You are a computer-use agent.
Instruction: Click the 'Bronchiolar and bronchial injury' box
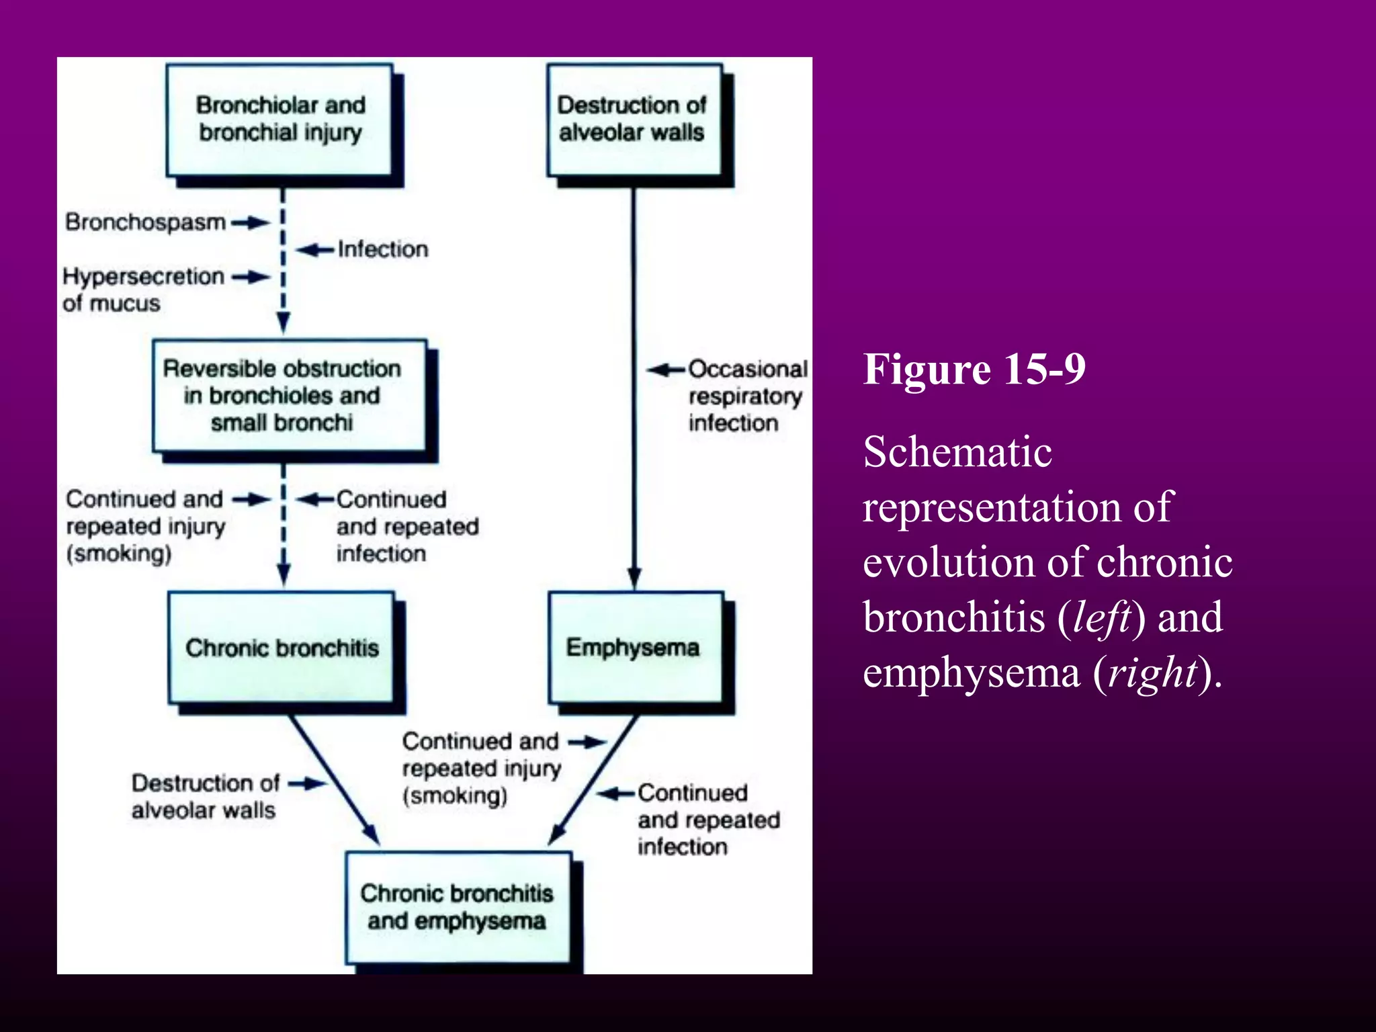[x=279, y=120]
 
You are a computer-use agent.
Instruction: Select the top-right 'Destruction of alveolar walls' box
[x=634, y=120]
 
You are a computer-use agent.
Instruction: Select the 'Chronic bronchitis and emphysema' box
[x=458, y=907]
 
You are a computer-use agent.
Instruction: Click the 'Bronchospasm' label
[x=145, y=222]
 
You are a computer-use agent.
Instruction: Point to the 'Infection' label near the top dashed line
[x=382, y=249]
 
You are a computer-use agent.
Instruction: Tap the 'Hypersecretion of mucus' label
[x=142, y=290]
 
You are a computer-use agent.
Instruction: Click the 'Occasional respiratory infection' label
[x=746, y=396]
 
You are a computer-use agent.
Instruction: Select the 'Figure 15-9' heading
[x=974, y=369]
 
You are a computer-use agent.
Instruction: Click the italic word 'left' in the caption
[x=1101, y=617]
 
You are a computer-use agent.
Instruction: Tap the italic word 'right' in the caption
[x=1153, y=673]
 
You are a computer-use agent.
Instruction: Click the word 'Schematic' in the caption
[x=957, y=451]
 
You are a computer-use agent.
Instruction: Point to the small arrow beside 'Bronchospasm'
[x=250, y=222]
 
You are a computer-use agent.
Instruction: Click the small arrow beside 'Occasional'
[x=666, y=370]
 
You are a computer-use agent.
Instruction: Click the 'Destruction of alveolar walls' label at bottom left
[x=204, y=797]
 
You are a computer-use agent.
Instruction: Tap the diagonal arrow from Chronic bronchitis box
[x=334, y=779]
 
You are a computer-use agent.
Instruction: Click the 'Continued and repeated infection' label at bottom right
[x=708, y=820]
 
